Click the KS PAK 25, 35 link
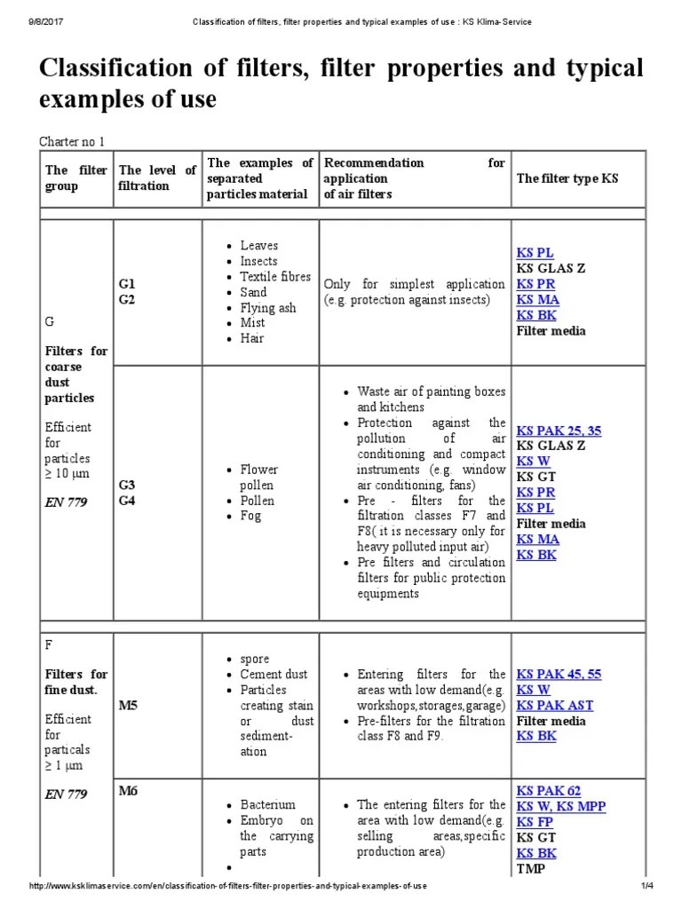[559, 431]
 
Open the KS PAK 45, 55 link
[559, 674]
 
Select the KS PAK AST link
[555, 705]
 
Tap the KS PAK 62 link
[549, 790]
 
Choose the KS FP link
[535, 822]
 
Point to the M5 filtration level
[129, 705]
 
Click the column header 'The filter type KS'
[567, 178]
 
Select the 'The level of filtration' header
[157, 178]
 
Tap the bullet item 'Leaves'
[258, 246]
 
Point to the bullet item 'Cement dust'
[274, 674]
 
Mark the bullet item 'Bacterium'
[267, 804]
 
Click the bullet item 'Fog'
[250, 516]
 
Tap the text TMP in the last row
[531, 868]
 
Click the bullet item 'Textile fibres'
[275, 276]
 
